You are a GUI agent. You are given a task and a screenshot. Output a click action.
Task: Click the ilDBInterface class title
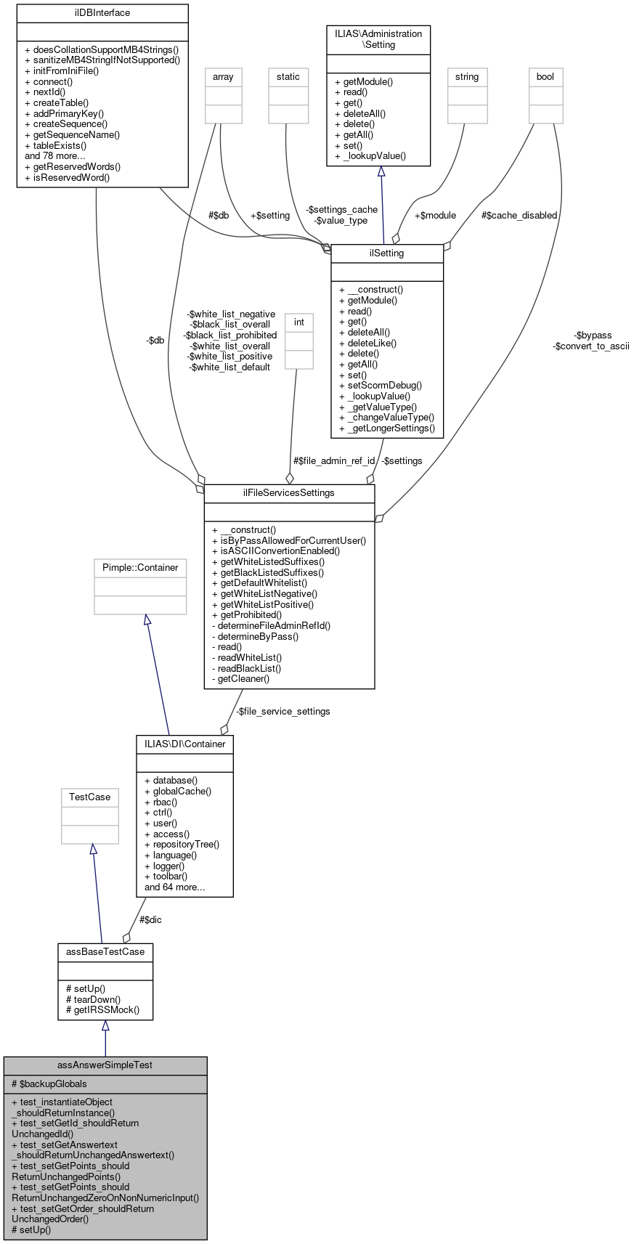[102, 13]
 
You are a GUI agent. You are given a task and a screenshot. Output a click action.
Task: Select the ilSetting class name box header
[387, 253]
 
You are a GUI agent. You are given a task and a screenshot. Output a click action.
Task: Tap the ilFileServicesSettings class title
[289, 493]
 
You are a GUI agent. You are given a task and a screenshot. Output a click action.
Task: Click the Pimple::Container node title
[140, 567]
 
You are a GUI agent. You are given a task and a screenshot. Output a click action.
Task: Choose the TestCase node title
[89, 797]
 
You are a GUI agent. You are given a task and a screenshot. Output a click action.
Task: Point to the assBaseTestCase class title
[105, 951]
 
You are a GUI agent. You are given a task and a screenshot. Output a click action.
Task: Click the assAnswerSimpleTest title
[105, 1065]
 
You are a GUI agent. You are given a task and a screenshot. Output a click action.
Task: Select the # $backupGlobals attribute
[49, 1084]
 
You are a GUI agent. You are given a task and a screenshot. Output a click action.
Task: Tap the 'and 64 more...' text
[175, 887]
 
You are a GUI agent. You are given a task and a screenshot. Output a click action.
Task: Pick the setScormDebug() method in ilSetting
[380, 386]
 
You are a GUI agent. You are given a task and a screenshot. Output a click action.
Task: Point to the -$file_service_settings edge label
[283, 711]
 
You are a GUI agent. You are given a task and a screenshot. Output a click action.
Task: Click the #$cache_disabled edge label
[519, 215]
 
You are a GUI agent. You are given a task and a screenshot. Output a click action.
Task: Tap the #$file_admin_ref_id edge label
[334, 460]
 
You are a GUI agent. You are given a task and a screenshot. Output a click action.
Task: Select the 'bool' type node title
[545, 77]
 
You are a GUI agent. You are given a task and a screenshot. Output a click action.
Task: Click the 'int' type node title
[299, 322]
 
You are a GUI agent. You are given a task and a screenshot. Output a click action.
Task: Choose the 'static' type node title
[288, 77]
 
